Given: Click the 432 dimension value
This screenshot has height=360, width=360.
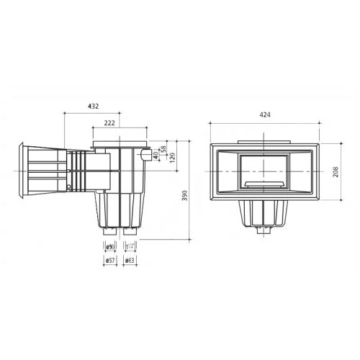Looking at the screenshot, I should pos(93,106).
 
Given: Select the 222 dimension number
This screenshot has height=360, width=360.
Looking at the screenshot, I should pos(110,124).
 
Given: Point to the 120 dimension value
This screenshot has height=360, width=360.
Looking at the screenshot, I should pos(173,158).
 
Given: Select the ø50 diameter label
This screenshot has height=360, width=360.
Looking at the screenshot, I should pos(109,246).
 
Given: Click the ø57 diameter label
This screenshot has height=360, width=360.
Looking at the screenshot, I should pos(109,259).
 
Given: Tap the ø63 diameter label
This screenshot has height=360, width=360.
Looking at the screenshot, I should pos(130,259).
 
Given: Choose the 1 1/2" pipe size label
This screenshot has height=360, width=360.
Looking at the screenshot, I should pos(130,246).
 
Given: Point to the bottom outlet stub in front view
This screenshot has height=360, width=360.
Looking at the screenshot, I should pos(261,232).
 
